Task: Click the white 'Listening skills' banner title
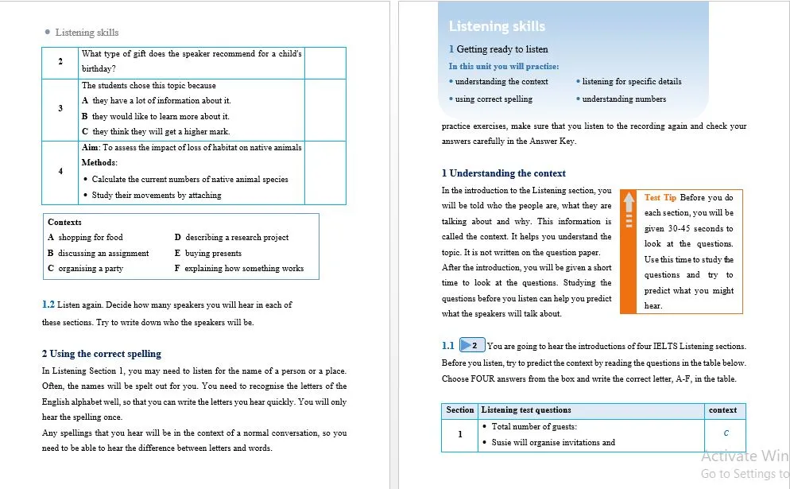497,26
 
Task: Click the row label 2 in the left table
60,61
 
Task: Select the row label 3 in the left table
60,108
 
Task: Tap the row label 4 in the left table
60,171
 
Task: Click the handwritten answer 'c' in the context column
726,433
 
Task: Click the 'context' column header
722,410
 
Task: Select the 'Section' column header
459,410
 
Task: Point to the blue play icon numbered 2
472,346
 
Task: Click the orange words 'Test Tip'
660,197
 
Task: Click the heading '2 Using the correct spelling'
101,354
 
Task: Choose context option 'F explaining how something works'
238,269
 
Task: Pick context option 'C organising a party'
86,269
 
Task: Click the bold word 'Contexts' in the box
64,222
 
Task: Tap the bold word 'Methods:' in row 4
99,163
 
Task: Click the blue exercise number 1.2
48,305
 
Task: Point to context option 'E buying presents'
207,253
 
